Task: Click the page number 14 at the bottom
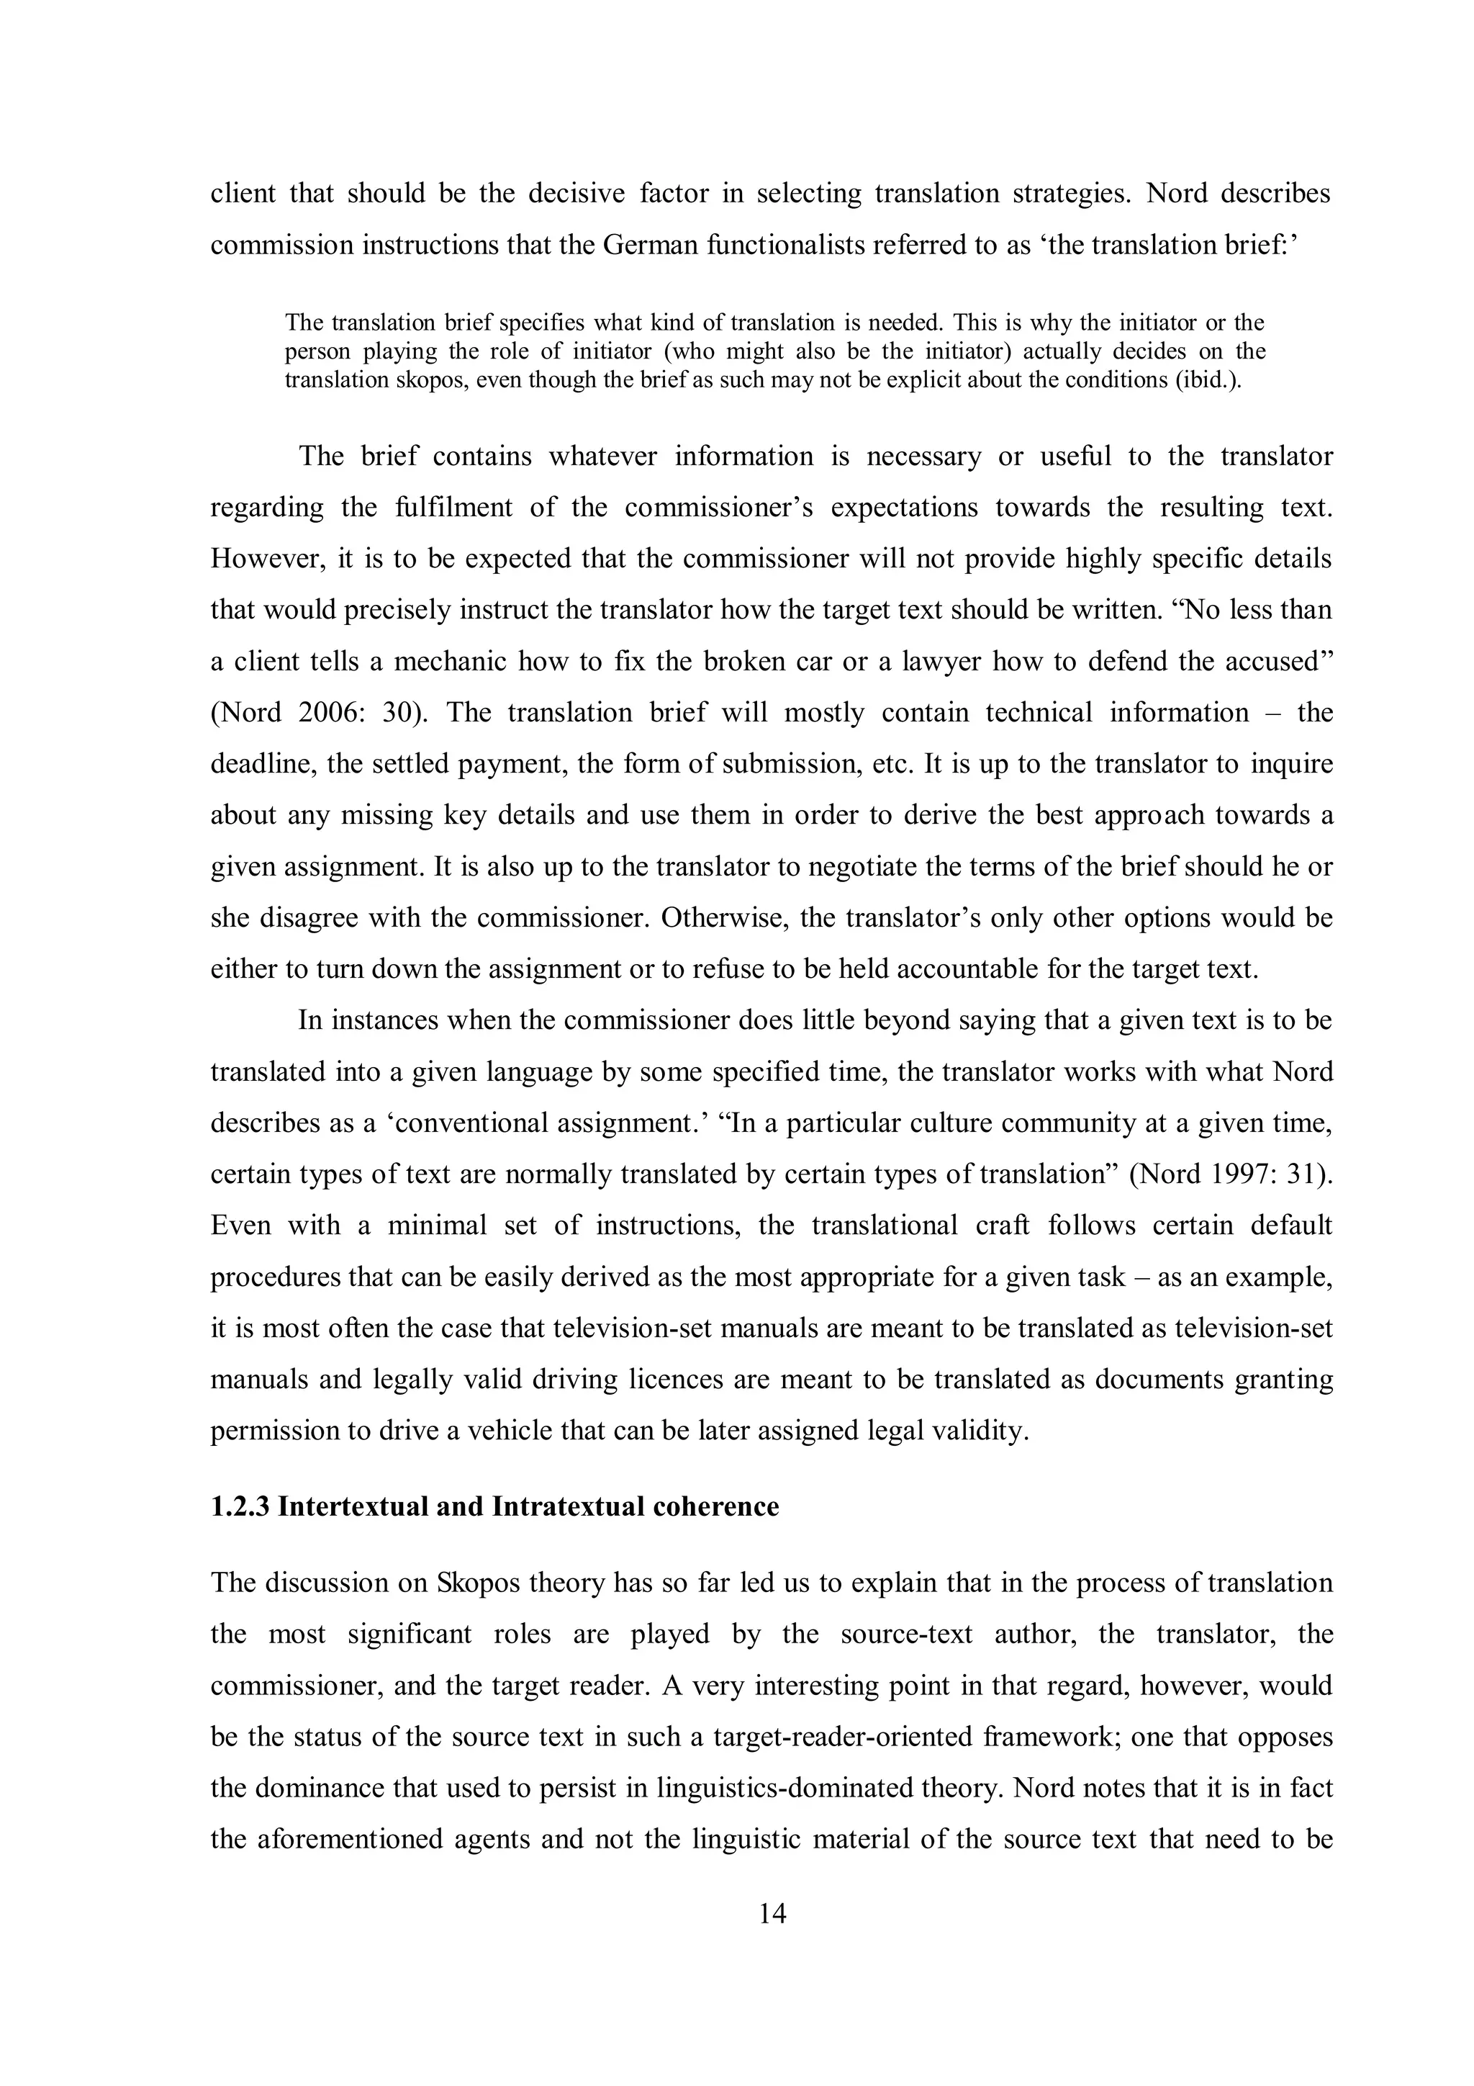click(x=772, y=1915)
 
